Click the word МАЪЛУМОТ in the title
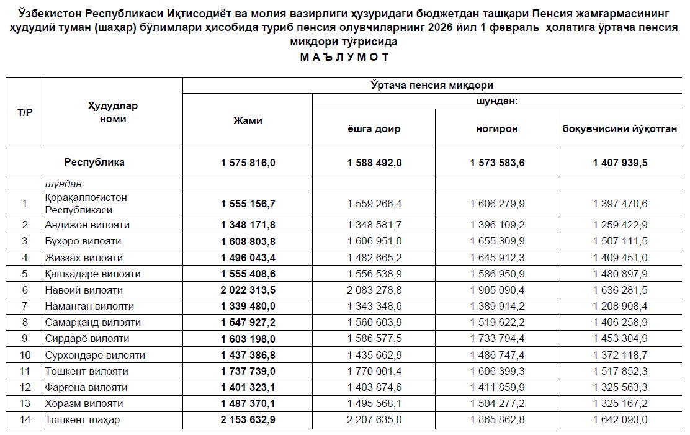click(x=345, y=57)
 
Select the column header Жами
click(x=248, y=121)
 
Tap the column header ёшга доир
click(x=374, y=129)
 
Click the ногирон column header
click(x=496, y=129)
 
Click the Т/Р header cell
click(x=25, y=112)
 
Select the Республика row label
click(x=94, y=163)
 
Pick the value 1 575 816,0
click(x=248, y=163)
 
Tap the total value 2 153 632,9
click(x=248, y=420)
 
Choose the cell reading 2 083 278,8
click(x=374, y=290)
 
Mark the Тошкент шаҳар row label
click(x=82, y=420)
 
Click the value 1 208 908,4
click(x=619, y=306)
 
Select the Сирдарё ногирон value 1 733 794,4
click(x=496, y=339)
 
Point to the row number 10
click(x=25, y=355)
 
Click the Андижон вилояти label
click(x=87, y=225)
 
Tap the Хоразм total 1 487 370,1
click(x=248, y=404)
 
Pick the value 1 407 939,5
click(x=619, y=163)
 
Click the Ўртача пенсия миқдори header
click(x=432, y=86)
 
